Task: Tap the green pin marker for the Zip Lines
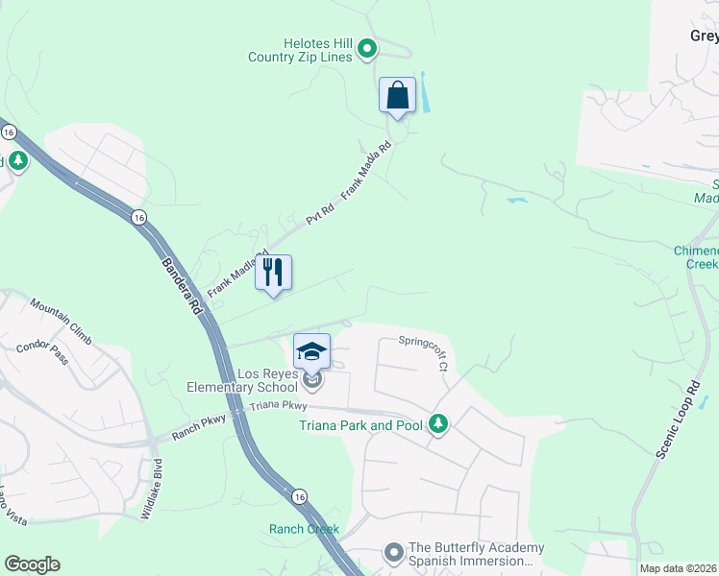click(x=367, y=48)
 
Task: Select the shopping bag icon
click(x=397, y=95)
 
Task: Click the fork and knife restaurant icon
click(x=273, y=273)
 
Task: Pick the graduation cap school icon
click(x=311, y=351)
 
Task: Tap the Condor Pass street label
click(x=42, y=352)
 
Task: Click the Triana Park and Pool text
click(x=360, y=425)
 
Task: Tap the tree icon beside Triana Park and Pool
click(x=438, y=424)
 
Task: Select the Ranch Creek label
click(x=304, y=529)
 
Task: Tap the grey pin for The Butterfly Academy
click(x=393, y=553)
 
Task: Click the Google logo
click(x=32, y=564)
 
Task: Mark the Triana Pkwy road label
click(x=277, y=407)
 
